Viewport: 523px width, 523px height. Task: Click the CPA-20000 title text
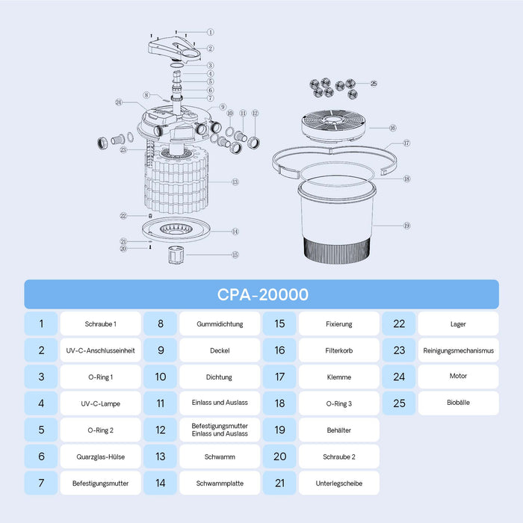pos(263,294)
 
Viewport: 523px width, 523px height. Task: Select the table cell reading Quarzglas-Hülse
pos(100,457)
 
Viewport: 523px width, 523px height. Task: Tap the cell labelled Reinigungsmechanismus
pos(458,350)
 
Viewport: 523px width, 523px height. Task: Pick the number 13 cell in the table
pos(161,457)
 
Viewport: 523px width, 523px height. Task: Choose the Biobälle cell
pos(458,403)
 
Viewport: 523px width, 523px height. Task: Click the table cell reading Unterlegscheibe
pos(339,483)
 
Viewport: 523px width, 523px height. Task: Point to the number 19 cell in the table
pos(279,430)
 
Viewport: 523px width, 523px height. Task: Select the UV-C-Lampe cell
pos(100,403)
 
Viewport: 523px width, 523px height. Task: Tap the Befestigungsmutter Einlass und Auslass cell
pos(220,430)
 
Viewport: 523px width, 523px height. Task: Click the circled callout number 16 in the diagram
pos(393,128)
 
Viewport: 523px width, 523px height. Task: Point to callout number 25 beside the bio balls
pos(374,84)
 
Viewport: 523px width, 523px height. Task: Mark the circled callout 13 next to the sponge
pos(235,182)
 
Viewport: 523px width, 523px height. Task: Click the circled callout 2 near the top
pos(210,49)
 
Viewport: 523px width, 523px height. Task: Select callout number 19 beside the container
pos(407,226)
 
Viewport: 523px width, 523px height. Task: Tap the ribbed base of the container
pos(337,251)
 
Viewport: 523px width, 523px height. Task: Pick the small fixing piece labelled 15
pos(176,256)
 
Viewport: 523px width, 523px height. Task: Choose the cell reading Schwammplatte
pos(220,483)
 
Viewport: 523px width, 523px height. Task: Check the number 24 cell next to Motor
pos(399,377)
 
